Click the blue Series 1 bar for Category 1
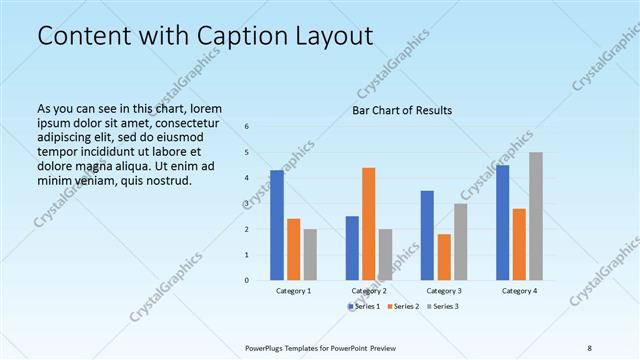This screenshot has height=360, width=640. pyautogui.click(x=277, y=225)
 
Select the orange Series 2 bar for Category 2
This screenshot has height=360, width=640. pyautogui.click(x=368, y=224)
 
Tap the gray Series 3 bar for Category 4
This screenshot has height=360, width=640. pyautogui.click(x=536, y=216)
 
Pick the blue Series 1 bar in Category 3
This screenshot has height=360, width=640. pyautogui.click(x=427, y=235)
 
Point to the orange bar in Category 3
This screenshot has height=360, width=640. pyautogui.click(x=444, y=257)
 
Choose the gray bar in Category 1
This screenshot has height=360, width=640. pyautogui.click(x=310, y=254)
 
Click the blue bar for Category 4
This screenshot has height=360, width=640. pyautogui.click(x=502, y=222)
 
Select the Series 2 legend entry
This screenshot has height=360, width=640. pyautogui.click(x=404, y=306)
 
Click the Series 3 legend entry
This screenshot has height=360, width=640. pyautogui.click(x=443, y=306)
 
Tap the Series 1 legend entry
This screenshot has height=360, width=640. pyautogui.click(x=365, y=306)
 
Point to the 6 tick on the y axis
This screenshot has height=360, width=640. pyautogui.click(x=247, y=127)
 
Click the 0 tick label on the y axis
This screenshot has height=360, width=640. pyautogui.click(x=247, y=280)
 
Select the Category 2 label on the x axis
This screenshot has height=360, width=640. pyautogui.click(x=368, y=291)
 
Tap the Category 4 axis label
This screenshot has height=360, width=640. pyautogui.click(x=518, y=291)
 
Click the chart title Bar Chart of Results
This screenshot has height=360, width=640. pyautogui.click(x=402, y=110)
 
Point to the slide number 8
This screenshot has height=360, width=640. pyautogui.click(x=589, y=347)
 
